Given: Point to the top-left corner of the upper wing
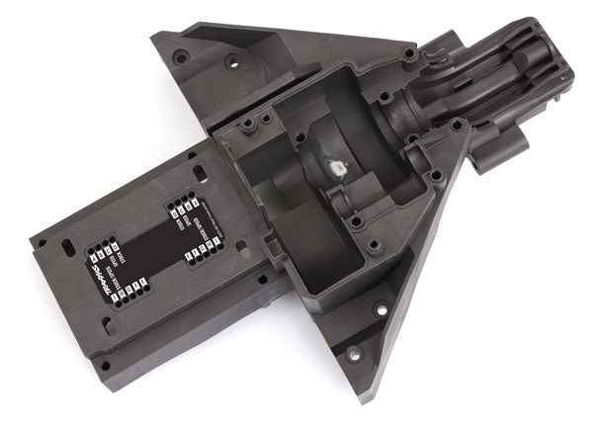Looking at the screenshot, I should tap(156, 38).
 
